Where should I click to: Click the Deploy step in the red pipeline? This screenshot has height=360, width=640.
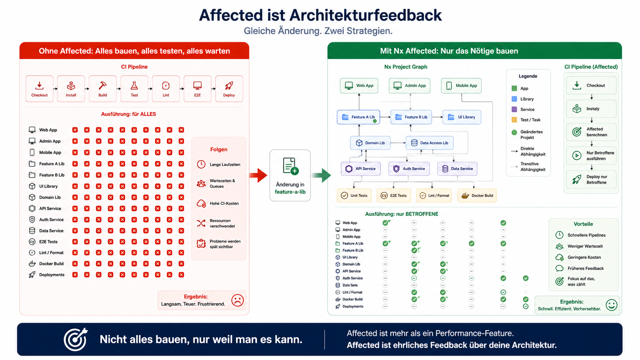click(229, 89)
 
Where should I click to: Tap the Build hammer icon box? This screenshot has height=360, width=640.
click(103, 89)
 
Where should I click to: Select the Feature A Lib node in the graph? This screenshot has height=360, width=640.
click(358, 117)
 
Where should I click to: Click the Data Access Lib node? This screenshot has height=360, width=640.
click(429, 143)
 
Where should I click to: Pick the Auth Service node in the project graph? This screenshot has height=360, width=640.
click(409, 169)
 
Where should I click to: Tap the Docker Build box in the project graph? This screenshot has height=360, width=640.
click(477, 195)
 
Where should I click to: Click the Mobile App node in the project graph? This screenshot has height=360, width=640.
click(461, 86)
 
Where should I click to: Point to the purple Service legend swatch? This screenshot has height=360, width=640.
click(514, 109)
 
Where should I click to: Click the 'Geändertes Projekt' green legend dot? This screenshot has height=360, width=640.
click(514, 132)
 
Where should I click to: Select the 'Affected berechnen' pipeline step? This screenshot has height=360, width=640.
click(591, 132)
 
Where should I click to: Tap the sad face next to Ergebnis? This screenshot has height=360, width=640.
click(237, 300)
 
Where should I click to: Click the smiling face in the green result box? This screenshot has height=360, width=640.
click(611, 305)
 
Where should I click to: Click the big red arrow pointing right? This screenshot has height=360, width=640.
click(258, 175)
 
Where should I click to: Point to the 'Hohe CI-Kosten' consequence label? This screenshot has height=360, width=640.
click(224, 204)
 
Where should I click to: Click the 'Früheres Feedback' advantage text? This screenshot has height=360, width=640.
click(585, 268)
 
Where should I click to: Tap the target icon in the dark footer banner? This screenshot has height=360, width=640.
click(75, 339)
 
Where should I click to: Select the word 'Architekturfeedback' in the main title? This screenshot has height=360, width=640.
click(366, 15)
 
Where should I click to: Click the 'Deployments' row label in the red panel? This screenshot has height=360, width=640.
click(52, 275)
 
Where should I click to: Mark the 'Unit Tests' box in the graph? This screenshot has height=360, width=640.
click(354, 195)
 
